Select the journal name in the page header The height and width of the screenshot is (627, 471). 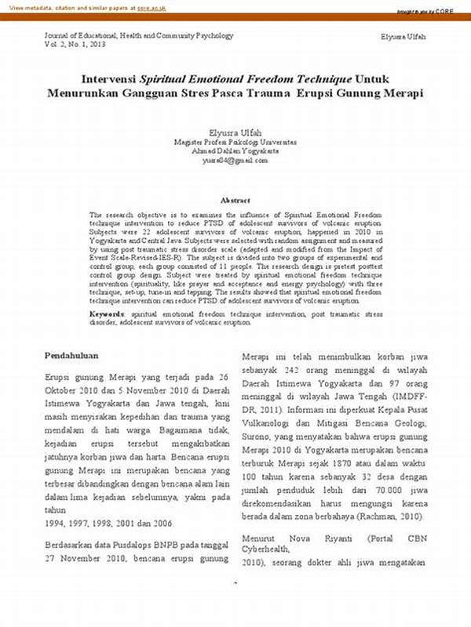(x=138, y=36)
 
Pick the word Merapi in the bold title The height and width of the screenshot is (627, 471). (x=402, y=93)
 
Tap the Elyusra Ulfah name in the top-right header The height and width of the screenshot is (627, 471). (x=403, y=37)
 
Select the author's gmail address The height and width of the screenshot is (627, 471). (x=235, y=160)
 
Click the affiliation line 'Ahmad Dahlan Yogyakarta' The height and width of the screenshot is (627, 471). (x=235, y=151)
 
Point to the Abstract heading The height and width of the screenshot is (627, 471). (x=235, y=201)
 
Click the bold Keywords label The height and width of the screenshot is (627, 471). (x=106, y=313)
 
